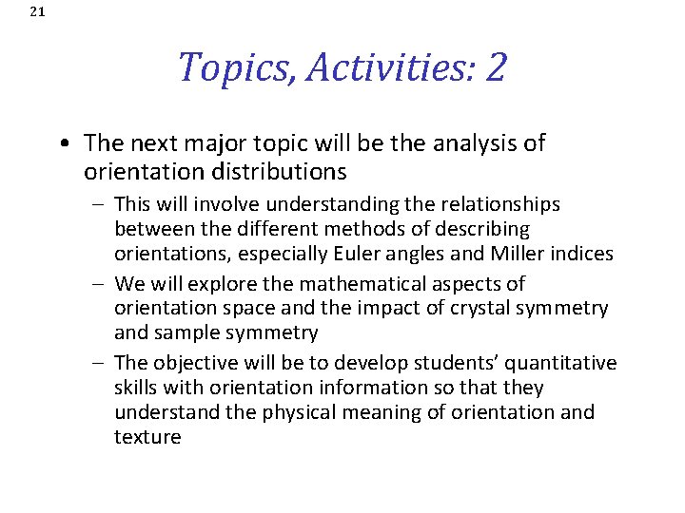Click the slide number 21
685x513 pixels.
point(37,12)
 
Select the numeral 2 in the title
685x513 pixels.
point(496,67)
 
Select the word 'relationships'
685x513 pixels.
point(504,204)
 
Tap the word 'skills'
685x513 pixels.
point(136,388)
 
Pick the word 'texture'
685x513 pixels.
point(147,437)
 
